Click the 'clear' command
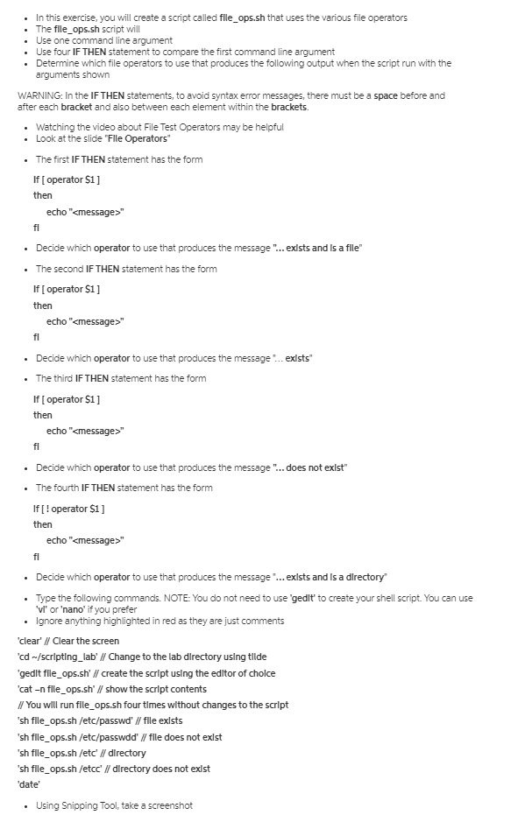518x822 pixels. (x=32, y=641)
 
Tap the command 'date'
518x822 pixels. (x=28, y=785)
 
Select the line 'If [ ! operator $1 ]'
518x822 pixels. (x=70, y=509)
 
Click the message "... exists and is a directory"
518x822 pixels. (x=330, y=577)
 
